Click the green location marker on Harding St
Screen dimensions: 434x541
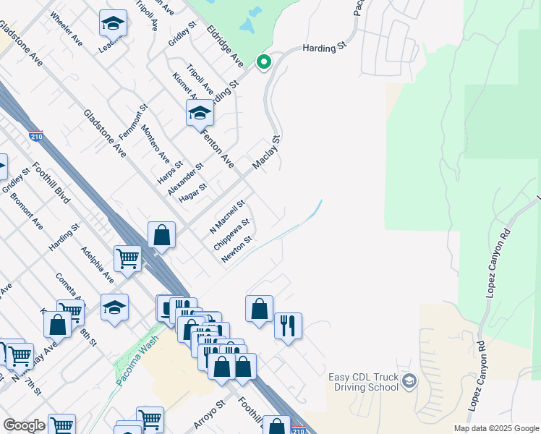(264, 63)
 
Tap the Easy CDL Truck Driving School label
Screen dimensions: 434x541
(363, 381)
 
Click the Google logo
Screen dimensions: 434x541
(24, 425)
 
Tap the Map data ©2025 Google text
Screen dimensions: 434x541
(495, 428)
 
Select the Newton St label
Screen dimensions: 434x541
(237, 250)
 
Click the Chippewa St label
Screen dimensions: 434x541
(231, 234)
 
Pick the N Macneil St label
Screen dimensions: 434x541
(228, 215)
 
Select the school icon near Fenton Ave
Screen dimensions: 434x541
(200, 113)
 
